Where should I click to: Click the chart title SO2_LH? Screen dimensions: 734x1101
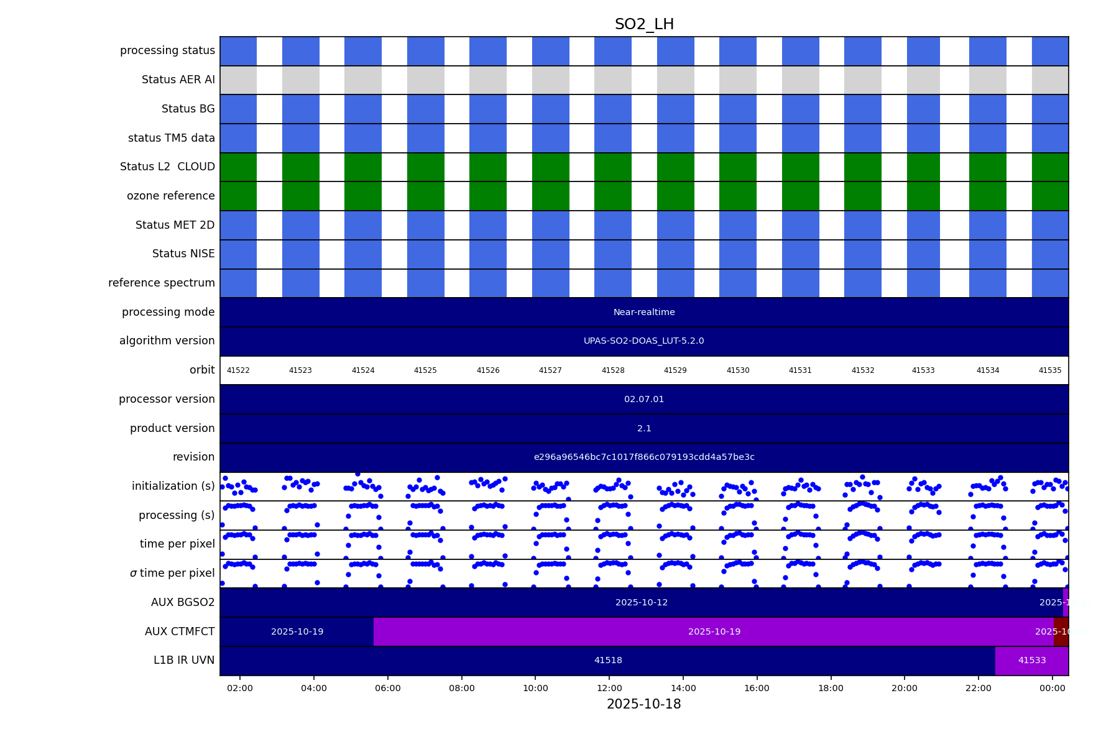644,24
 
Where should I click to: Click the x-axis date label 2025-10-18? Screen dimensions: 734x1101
643,704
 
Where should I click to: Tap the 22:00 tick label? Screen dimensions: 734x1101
978,688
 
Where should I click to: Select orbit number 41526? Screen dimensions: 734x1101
488,370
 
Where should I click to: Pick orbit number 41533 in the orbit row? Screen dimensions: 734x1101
923,370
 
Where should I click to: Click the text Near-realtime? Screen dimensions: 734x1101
644,312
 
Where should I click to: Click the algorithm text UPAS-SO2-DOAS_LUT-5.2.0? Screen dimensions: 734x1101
643,341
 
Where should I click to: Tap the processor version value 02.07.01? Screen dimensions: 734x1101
644,399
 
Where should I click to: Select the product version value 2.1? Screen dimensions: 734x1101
644,428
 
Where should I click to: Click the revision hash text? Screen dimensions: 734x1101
644,457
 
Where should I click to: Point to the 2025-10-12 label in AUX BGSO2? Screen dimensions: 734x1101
642,602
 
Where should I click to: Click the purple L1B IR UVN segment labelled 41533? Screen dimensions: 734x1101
1031,661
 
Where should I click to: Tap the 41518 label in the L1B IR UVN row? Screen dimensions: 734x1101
608,661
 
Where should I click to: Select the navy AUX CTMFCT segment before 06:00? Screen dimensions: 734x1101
297,631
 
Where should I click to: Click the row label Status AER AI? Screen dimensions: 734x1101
178,80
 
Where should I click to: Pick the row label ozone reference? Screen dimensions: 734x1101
170,196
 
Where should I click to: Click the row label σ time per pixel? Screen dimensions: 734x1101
172,573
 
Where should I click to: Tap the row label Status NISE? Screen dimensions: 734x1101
183,254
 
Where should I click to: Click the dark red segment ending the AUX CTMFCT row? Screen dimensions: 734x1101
1061,631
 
